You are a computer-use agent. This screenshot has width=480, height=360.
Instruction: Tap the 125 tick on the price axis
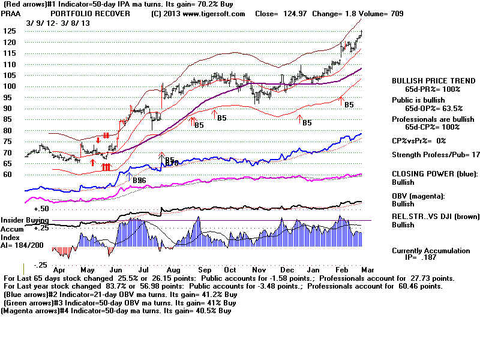[x=8, y=31]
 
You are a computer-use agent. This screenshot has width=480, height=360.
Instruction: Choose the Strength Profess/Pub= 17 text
[x=436, y=155]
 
